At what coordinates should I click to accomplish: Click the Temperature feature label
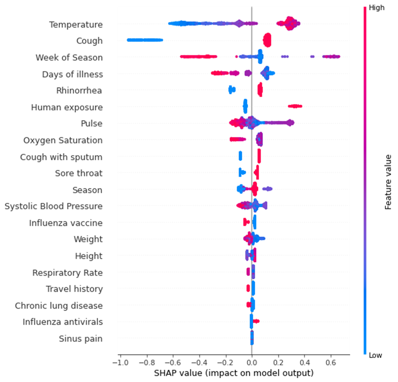pyautogui.click(x=76, y=25)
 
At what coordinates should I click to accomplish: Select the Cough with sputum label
pyautogui.click(x=61, y=157)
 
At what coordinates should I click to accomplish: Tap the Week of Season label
pyautogui.click(x=69, y=58)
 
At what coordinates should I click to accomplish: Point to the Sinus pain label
pyautogui.click(x=81, y=339)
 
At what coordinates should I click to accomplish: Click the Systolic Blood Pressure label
pyautogui.click(x=54, y=206)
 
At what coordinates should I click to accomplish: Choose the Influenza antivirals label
pyautogui.click(x=63, y=322)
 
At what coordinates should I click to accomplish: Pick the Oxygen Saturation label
pyautogui.click(x=63, y=140)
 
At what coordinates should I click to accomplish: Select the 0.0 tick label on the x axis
pyautogui.click(x=252, y=363)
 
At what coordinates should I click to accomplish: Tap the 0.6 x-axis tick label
pyautogui.click(x=331, y=363)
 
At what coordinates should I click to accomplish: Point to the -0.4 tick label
pyautogui.click(x=199, y=363)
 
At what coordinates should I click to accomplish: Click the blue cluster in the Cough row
pyautogui.click(x=145, y=40)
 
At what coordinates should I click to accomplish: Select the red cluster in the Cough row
pyautogui.click(x=267, y=40)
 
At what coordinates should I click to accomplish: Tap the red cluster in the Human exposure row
pyautogui.click(x=295, y=106)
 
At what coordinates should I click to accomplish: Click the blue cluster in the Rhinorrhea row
pyautogui.click(x=232, y=90)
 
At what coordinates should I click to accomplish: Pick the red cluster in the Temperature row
pyautogui.click(x=289, y=23)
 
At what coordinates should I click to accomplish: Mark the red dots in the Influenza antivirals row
pyautogui.click(x=256, y=321)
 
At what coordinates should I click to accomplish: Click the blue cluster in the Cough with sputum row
pyautogui.click(x=240, y=156)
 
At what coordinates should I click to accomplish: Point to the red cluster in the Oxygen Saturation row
pyautogui.click(x=237, y=139)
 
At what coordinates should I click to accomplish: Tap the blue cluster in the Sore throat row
pyautogui.click(x=241, y=173)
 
